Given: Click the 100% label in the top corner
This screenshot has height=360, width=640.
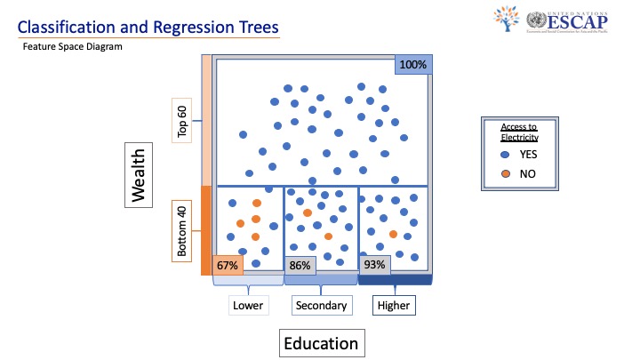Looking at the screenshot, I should click(x=412, y=65).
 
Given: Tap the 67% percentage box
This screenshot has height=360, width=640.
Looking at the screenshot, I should click(x=226, y=265).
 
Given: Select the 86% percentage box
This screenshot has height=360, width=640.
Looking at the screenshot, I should click(x=300, y=265).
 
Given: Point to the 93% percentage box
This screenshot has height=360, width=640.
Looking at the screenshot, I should click(x=374, y=264).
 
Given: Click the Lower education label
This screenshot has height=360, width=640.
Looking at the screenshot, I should click(x=248, y=306).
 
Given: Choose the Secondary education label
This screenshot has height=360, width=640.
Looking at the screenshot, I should click(x=321, y=306).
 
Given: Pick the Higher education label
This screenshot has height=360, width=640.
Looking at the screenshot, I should click(x=394, y=306).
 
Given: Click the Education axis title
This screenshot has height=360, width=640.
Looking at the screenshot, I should click(x=320, y=343).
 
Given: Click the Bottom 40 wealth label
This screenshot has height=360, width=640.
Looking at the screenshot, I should click(x=182, y=231).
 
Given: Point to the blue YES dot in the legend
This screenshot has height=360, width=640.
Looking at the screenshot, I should click(x=505, y=155).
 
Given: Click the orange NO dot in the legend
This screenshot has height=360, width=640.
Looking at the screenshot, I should click(x=505, y=172).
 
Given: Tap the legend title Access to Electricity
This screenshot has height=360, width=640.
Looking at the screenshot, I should click(x=520, y=132).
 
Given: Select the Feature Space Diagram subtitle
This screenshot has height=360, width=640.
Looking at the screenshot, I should click(x=73, y=46).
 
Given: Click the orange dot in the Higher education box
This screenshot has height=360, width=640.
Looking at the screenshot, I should click(x=393, y=234).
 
